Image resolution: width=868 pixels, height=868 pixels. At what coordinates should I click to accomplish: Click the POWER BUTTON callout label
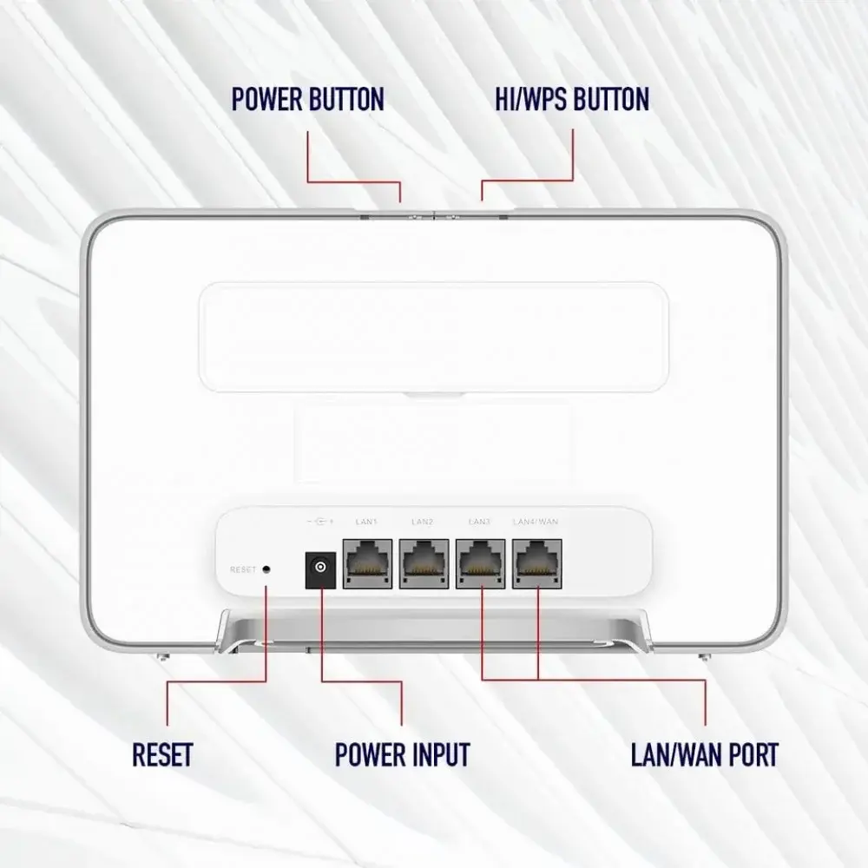(x=307, y=100)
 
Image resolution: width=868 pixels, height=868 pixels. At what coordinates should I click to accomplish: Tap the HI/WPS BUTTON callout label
(x=571, y=100)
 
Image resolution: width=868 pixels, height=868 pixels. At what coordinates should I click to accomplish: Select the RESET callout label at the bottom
(x=162, y=753)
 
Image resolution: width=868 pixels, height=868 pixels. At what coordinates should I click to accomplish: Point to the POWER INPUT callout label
(x=402, y=753)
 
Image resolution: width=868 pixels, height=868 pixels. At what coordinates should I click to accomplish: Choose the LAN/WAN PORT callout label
(x=704, y=753)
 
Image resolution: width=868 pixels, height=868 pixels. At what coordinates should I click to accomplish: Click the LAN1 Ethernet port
(x=368, y=563)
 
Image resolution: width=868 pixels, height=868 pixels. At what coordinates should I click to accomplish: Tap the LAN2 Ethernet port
(x=424, y=563)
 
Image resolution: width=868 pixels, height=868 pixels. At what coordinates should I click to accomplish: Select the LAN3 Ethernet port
(x=481, y=563)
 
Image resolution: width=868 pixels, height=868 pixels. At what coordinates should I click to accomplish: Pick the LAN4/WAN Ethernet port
(x=537, y=563)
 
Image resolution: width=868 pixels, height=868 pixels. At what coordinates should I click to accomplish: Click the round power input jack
(x=319, y=569)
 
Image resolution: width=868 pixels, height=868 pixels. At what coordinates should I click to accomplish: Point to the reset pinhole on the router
(x=266, y=569)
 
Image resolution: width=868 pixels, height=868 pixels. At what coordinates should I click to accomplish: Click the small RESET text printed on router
(x=243, y=570)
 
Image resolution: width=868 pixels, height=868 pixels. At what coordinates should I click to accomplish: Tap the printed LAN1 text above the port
(x=366, y=522)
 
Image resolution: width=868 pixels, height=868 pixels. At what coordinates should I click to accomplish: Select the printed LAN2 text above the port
(x=422, y=522)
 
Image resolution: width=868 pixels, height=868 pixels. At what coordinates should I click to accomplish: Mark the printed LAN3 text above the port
(x=479, y=522)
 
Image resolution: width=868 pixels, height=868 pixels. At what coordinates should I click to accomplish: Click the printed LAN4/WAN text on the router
(x=535, y=522)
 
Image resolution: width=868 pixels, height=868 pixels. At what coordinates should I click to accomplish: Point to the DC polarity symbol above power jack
(x=319, y=522)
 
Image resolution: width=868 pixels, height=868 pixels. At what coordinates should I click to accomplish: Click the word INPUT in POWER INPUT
(x=439, y=753)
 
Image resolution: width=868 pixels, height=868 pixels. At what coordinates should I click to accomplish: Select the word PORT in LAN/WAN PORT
(x=750, y=753)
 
